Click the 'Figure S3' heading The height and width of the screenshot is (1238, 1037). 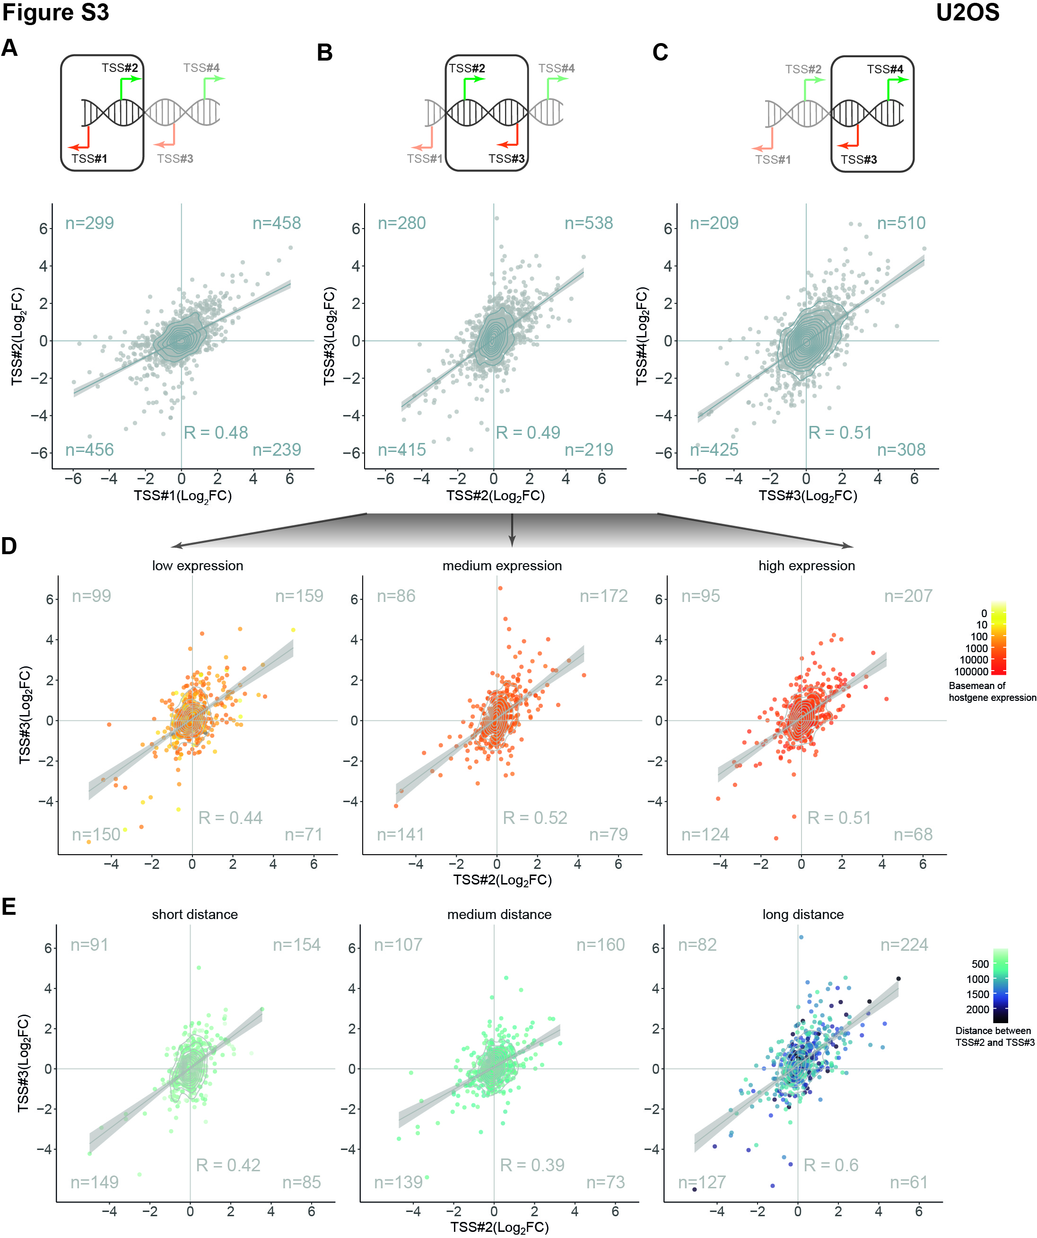pos(55,12)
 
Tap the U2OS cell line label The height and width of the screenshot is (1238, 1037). pos(967,12)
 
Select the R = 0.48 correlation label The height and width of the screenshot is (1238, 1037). pos(216,433)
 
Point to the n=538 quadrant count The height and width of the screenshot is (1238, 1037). pos(589,223)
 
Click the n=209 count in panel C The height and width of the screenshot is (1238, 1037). pos(714,223)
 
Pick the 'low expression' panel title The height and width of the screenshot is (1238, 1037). pos(197,566)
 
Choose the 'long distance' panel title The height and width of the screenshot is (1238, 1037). pos(803,914)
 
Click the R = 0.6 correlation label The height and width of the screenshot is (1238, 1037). pos(831,1165)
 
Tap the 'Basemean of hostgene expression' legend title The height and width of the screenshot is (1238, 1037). pos(992,691)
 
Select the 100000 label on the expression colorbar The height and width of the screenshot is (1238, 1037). pos(971,672)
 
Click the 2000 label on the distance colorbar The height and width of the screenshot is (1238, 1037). pos(977,1009)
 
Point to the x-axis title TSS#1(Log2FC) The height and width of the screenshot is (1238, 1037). pos(183,496)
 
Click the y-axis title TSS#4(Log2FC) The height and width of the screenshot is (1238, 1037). pos(642,336)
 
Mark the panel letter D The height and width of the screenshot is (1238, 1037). pos(9,547)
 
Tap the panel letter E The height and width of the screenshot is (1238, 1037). pos(9,907)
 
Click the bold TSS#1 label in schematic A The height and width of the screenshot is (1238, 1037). pos(89,159)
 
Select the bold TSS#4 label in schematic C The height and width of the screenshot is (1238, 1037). pos(885,70)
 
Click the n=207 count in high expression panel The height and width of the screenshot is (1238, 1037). pos(908,596)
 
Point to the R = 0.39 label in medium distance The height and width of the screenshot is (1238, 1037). pos(532,1165)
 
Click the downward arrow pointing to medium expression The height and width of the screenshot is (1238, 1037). pos(512,531)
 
